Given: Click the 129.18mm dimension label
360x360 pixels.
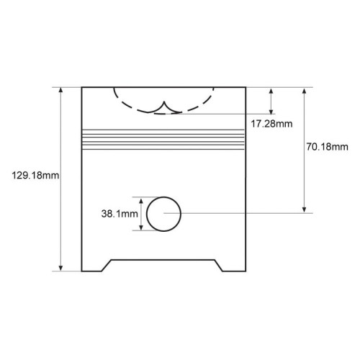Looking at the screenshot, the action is click(x=35, y=176).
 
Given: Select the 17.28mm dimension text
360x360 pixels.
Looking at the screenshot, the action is click(x=271, y=124).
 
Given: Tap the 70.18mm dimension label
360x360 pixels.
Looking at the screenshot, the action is click(x=327, y=147).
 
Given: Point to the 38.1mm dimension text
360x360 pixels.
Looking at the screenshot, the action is click(x=120, y=214).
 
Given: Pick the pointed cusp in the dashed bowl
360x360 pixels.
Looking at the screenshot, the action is click(x=164, y=102).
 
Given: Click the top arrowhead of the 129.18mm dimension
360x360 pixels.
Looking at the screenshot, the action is click(x=61, y=90).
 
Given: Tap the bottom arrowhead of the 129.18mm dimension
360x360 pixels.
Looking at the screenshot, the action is click(x=61, y=268).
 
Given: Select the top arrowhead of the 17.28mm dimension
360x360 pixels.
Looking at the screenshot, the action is click(x=271, y=91).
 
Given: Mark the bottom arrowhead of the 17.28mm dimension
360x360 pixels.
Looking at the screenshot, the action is click(x=271, y=111).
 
